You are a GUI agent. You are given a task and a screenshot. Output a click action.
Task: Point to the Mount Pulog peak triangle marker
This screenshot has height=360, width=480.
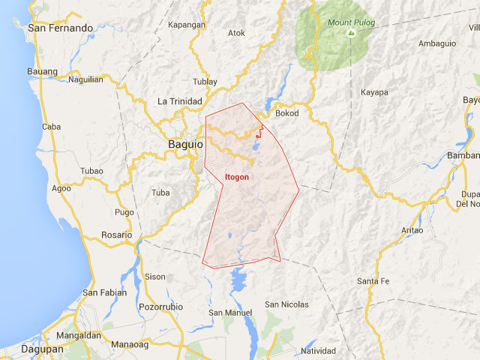coord(349,34)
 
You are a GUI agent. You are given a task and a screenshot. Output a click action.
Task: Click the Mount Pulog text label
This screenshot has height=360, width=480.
coord(349,22)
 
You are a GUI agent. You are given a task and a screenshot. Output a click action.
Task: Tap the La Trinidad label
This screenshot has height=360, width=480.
coord(180,101)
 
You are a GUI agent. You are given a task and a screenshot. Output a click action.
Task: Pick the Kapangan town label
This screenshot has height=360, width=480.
coord(187,25)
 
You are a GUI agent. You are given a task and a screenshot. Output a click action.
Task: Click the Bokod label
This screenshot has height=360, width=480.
coord(287,113)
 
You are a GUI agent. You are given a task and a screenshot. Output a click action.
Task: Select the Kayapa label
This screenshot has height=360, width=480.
coord(374,92)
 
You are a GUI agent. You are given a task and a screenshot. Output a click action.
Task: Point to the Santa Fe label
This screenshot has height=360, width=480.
coord(373,281)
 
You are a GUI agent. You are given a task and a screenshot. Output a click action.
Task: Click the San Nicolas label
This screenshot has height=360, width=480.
coord(286,304)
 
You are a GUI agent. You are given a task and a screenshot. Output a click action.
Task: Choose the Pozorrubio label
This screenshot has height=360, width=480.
coord(161,307)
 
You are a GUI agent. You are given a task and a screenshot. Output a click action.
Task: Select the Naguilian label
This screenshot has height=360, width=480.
coord(85,79)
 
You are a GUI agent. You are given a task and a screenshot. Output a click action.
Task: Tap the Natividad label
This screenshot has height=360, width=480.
coord(319,351)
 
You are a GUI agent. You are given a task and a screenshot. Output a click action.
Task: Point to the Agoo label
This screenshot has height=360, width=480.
coord(61,188)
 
